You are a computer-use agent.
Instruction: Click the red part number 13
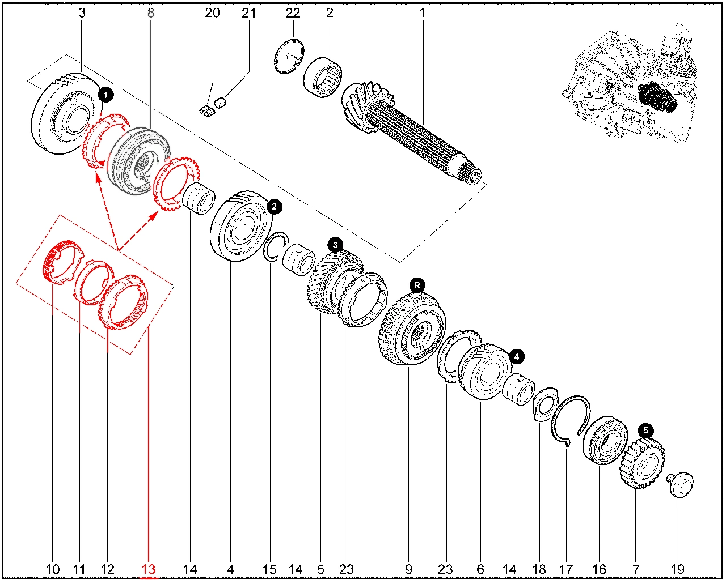click(149, 569)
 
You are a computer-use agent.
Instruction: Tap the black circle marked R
click(417, 285)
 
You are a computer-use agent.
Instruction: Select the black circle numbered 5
click(645, 430)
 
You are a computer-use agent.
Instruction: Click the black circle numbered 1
click(106, 95)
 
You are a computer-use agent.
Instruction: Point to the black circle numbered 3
click(335, 245)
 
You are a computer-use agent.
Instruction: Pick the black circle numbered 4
click(517, 356)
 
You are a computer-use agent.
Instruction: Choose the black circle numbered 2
click(274, 207)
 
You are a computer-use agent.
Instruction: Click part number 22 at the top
click(293, 13)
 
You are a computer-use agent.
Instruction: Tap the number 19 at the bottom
click(677, 569)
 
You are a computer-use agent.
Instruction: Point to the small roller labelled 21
click(220, 103)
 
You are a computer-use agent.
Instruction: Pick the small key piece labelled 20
click(207, 111)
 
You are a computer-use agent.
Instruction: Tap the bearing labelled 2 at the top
click(322, 78)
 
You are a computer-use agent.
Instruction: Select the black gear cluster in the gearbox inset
click(657, 98)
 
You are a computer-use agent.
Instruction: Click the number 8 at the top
click(150, 13)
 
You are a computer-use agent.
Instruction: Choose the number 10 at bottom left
click(52, 569)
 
